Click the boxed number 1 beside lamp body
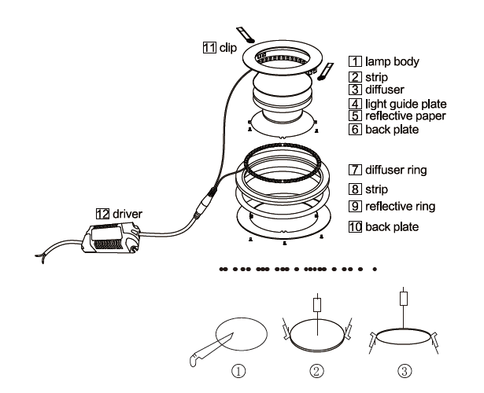click(x=355, y=61)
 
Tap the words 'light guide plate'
click(x=406, y=104)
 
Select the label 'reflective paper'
click(x=405, y=116)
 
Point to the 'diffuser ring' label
click(x=396, y=170)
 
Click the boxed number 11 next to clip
click(x=209, y=47)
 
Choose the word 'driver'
click(x=127, y=214)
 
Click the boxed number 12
click(x=103, y=214)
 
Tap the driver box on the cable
click(x=111, y=239)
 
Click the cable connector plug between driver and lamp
click(x=205, y=203)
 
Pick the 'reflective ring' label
click(x=401, y=206)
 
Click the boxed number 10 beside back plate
click(x=355, y=227)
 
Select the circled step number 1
click(x=238, y=371)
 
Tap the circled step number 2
click(x=317, y=371)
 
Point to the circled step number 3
click(x=405, y=371)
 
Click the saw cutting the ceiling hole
click(x=210, y=350)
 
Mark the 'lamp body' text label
click(x=393, y=61)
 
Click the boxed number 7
click(x=355, y=170)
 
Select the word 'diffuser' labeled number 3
click(x=385, y=90)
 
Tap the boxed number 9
click(x=355, y=206)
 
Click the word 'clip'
click(x=228, y=48)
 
